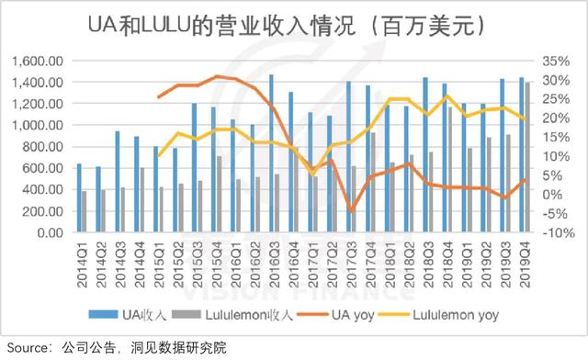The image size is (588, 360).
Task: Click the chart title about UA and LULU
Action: point(293,25)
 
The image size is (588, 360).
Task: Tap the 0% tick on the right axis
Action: point(551,195)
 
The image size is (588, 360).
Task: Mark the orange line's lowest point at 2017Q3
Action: point(350,210)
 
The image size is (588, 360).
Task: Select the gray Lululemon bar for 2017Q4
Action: point(373,183)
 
